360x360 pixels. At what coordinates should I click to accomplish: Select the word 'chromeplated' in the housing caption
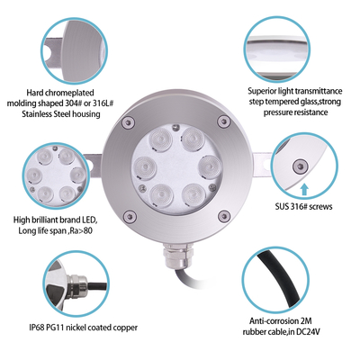click(80, 91)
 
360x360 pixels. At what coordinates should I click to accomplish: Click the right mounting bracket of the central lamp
click(263, 167)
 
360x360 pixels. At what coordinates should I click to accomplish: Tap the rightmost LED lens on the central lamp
click(207, 166)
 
